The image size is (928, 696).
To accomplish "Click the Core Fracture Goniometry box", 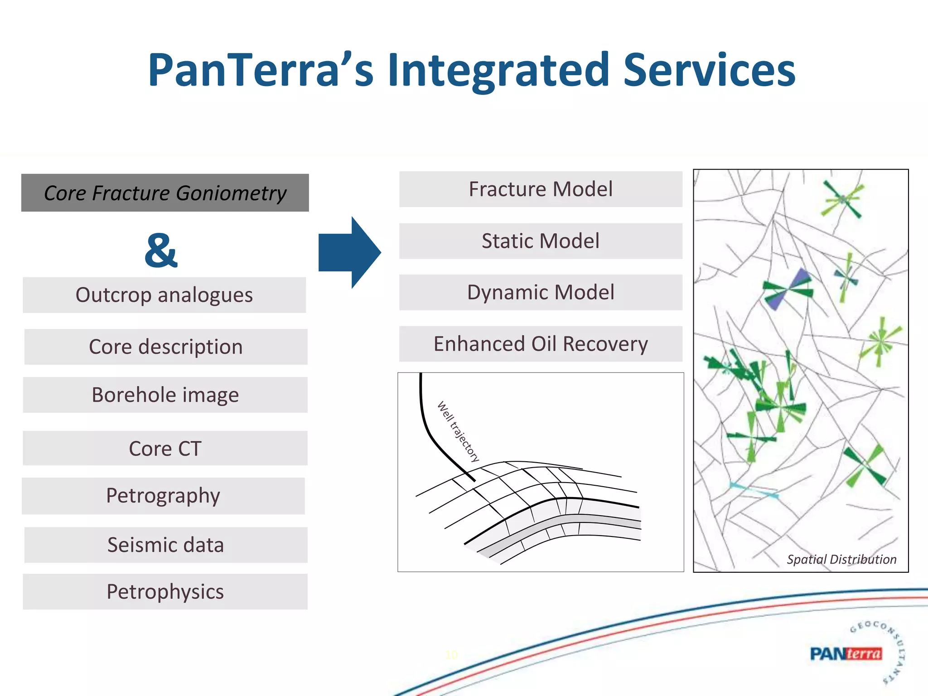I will tap(165, 193).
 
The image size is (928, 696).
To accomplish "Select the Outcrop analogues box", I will tap(164, 295).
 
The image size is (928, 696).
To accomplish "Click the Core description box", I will tap(166, 347).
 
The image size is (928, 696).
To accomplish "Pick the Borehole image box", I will tap(165, 395).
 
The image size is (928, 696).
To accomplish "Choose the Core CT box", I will tap(165, 448).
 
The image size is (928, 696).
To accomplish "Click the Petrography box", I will tap(163, 496).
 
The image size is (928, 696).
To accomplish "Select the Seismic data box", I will tap(166, 545).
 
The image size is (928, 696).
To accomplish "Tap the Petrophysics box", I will tap(165, 592).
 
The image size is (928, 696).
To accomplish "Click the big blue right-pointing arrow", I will tap(349, 252).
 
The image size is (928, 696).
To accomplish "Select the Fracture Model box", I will tap(541, 189).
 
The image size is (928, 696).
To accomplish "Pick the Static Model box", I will tap(541, 241).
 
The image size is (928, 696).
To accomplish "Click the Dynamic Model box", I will tap(541, 293).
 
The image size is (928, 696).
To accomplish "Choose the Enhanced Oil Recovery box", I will tap(541, 344).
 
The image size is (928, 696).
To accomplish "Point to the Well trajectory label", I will tap(458, 431).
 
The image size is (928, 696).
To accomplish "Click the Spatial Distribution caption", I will tap(841, 560).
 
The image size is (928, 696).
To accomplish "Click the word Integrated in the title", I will tap(498, 70).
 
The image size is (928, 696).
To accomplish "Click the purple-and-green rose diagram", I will tap(788, 289).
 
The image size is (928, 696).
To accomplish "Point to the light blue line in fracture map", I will tap(754, 491).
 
